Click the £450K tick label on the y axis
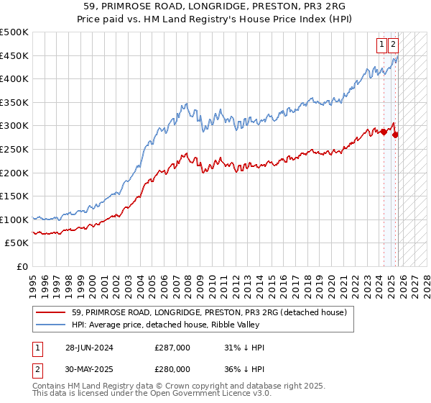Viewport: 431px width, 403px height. [14, 55]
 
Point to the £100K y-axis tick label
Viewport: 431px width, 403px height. [14, 219]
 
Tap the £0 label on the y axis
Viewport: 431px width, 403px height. [22, 266]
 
